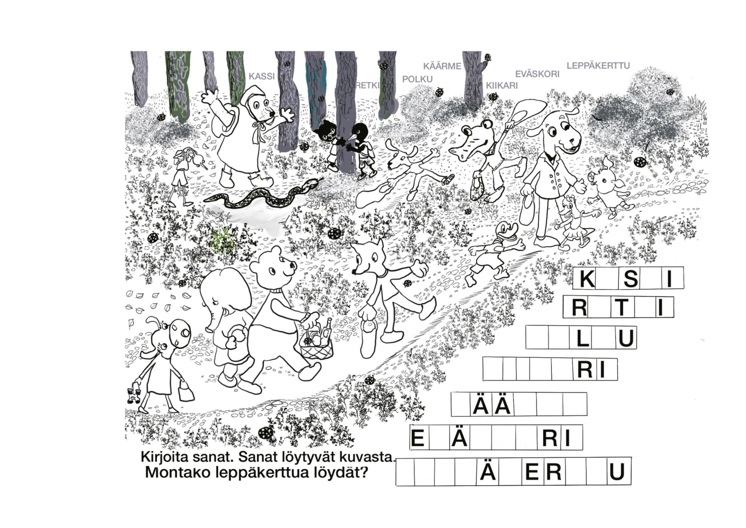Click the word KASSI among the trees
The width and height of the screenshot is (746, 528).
pyautogui.click(x=261, y=76)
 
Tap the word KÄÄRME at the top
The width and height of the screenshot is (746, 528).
pyautogui.click(x=442, y=66)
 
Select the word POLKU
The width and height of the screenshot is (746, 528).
pyautogui.click(x=417, y=79)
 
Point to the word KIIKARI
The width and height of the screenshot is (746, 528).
pyautogui.click(x=502, y=86)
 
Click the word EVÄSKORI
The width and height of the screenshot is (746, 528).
pyautogui.click(x=537, y=74)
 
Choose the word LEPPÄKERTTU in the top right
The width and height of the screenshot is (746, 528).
pyautogui.click(x=598, y=66)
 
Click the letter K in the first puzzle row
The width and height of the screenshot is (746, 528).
pyautogui.click(x=587, y=278)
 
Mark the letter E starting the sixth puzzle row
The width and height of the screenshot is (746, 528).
pyautogui.click(x=417, y=439)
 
